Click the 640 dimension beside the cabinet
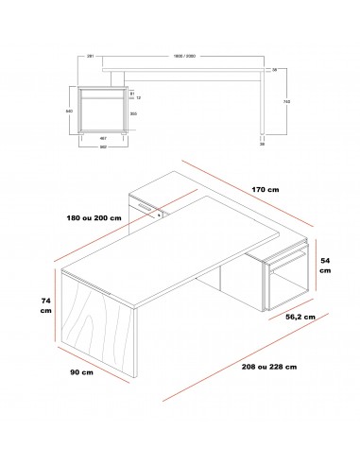click(67, 111)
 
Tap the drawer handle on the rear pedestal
click(144, 205)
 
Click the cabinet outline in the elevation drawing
click(100, 111)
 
